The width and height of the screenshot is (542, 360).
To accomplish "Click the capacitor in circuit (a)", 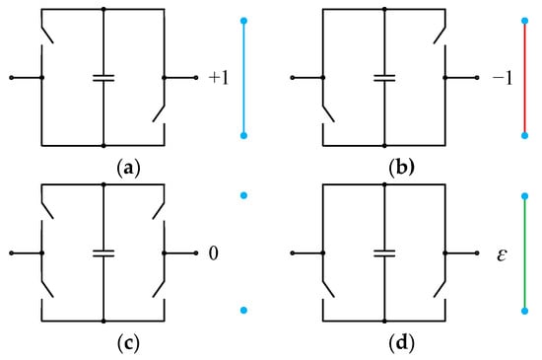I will tap(103, 76).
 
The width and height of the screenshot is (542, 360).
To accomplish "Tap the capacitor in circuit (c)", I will tap(103, 253).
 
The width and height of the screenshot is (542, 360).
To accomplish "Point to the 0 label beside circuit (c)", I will tap(212, 254).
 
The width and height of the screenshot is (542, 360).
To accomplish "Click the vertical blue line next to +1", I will tap(244, 77).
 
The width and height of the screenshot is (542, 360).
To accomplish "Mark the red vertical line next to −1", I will tap(524, 77).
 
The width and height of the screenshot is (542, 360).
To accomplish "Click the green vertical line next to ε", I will tap(524, 254).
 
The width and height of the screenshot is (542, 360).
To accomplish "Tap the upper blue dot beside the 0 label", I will tap(243, 197).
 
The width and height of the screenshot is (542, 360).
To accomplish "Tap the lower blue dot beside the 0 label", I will tap(243, 312).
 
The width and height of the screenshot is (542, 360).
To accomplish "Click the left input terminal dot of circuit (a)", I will tap(11, 76).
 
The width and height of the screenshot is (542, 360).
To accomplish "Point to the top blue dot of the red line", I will tap(524, 20).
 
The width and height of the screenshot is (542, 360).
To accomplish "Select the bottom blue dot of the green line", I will tap(524, 312).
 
